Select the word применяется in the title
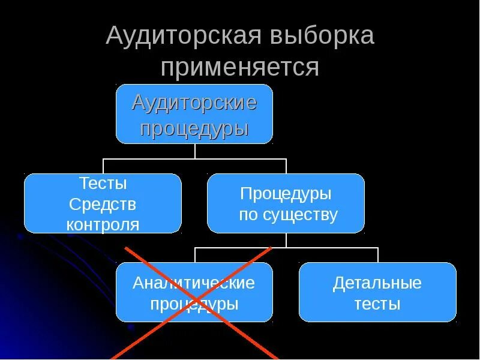coord(239,67)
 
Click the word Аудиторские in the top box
coord(194,103)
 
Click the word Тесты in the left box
coord(103,184)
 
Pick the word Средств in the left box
coord(103,205)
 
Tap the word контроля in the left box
coord(103,225)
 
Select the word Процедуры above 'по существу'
coord(286,194)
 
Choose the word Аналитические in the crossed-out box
coord(194,283)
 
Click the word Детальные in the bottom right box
coord(377,283)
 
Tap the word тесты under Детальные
coord(377,304)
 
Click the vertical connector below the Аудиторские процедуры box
coord(194,151)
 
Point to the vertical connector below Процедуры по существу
coord(286,240)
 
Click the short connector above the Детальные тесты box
coord(378,254)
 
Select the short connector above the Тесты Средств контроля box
coord(103,166)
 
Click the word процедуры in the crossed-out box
coord(194,304)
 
